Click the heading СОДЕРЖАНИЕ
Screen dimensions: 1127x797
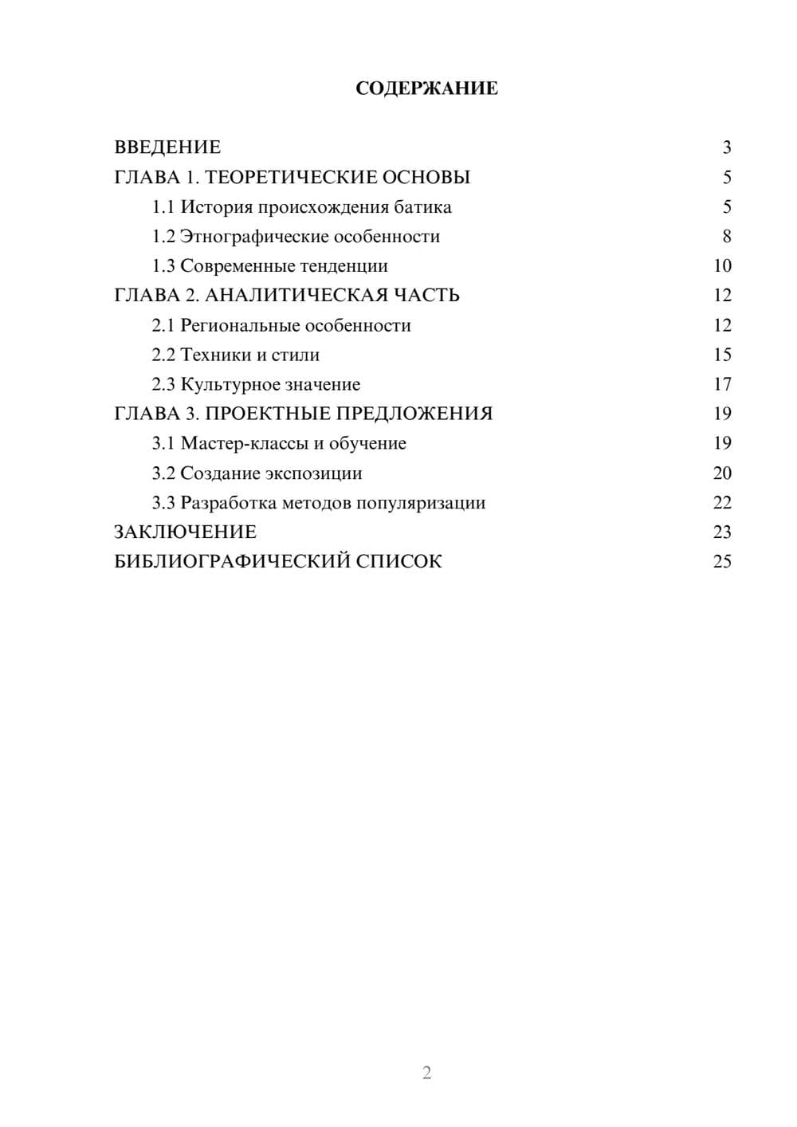click(426, 88)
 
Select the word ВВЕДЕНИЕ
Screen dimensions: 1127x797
click(167, 147)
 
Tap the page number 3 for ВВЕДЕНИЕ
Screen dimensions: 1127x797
click(727, 147)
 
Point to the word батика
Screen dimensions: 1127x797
click(422, 207)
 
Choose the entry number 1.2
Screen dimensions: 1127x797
click(163, 237)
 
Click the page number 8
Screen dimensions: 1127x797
click(727, 237)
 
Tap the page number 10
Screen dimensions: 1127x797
click(722, 266)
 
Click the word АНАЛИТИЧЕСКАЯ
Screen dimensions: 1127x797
click(296, 296)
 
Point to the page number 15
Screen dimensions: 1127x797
click(722, 355)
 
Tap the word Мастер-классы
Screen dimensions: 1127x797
click(245, 444)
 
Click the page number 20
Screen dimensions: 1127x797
click(722, 473)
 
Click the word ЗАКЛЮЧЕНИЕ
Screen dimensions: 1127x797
click(185, 532)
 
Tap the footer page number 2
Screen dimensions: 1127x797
click(426, 1073)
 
